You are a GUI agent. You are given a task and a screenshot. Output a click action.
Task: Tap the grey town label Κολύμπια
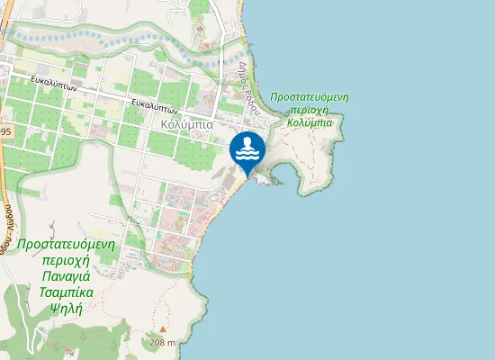[x=186, y=124]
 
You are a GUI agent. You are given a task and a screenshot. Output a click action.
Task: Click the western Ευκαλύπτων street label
[x=55, y=88]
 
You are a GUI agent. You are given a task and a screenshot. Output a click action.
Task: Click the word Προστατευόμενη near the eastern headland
[x=309, y=96]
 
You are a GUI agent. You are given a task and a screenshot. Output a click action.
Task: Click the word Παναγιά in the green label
[x=62, y=277]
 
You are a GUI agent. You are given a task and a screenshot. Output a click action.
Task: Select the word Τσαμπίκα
[x=62, y=292]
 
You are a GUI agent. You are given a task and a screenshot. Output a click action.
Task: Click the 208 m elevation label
[x=162, y=343]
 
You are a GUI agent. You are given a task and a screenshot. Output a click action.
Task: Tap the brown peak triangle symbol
[x=162, y=330]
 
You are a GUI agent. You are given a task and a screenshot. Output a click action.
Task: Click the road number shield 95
[x=5, y=132]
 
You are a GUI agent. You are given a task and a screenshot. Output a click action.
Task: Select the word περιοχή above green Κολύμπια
[x=309, y=109]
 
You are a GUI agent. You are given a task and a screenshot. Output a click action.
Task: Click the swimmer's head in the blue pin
[x=247, y=141]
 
